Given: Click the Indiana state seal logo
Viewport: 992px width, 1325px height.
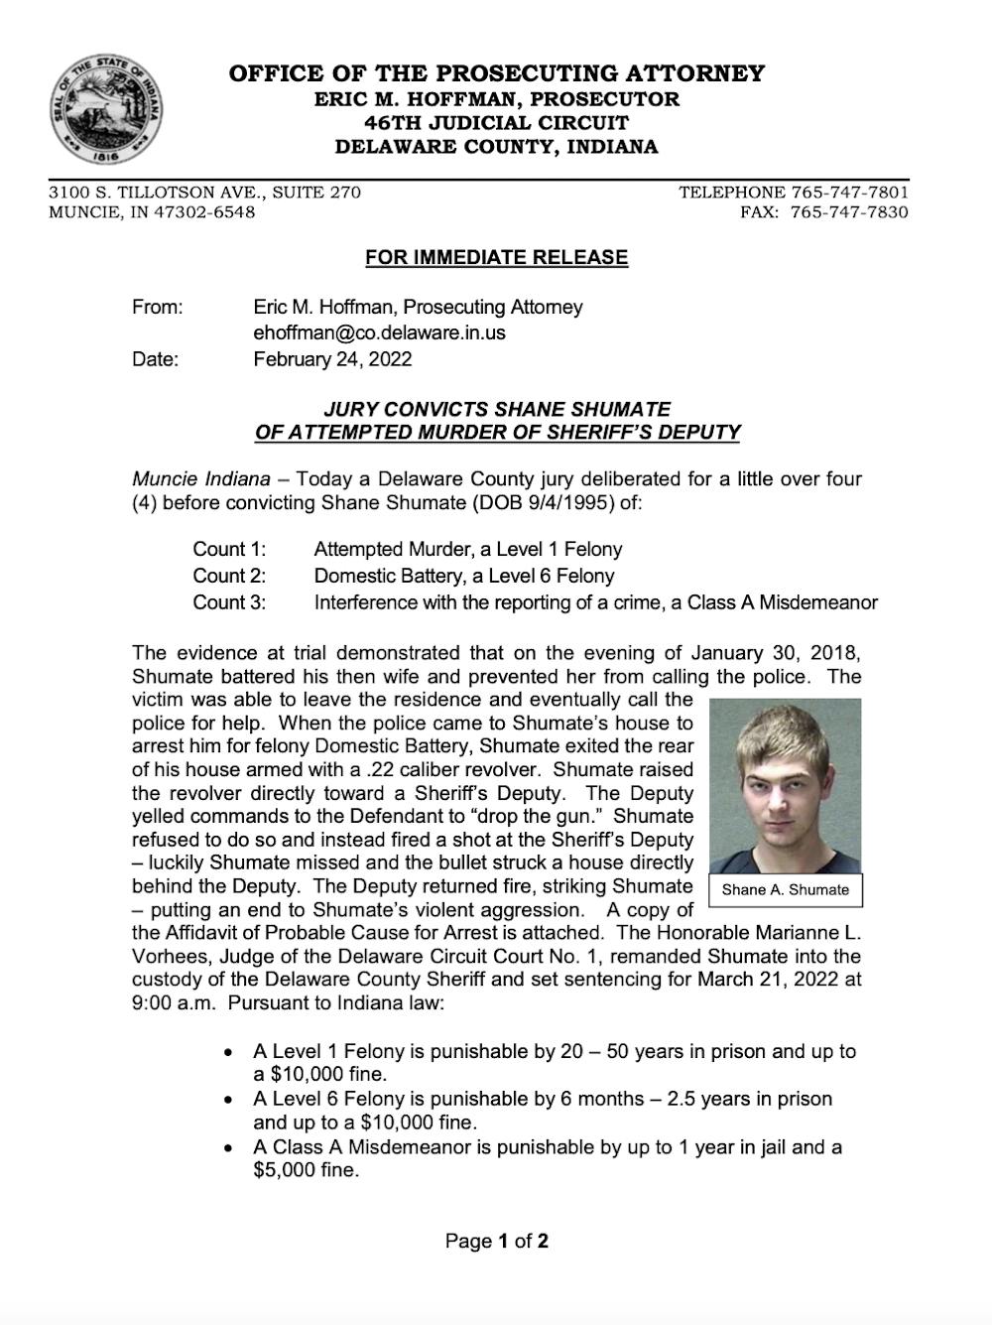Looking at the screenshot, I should [106, 108].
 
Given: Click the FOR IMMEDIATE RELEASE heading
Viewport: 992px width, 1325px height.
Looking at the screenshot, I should [496, 258].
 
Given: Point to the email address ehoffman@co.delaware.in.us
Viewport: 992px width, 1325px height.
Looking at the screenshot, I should [379, 333].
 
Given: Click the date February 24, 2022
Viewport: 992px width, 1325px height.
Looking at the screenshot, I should [332, 359].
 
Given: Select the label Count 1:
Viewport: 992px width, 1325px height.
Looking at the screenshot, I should [229, 550].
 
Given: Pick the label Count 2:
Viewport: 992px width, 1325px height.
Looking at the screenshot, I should [229, 577].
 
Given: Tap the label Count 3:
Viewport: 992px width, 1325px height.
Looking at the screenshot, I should [229, 602].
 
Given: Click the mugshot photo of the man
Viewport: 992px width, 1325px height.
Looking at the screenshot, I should [786, 784].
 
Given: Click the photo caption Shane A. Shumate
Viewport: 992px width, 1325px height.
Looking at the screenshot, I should [786, 890].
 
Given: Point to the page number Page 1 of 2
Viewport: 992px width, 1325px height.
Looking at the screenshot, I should [497, 1242].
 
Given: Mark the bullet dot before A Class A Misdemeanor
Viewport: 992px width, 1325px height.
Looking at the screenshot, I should [229, 1148].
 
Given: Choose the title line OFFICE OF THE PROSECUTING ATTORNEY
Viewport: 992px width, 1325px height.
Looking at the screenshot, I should [497, 73].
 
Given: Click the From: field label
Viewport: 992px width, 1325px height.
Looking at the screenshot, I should [157, 308].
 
